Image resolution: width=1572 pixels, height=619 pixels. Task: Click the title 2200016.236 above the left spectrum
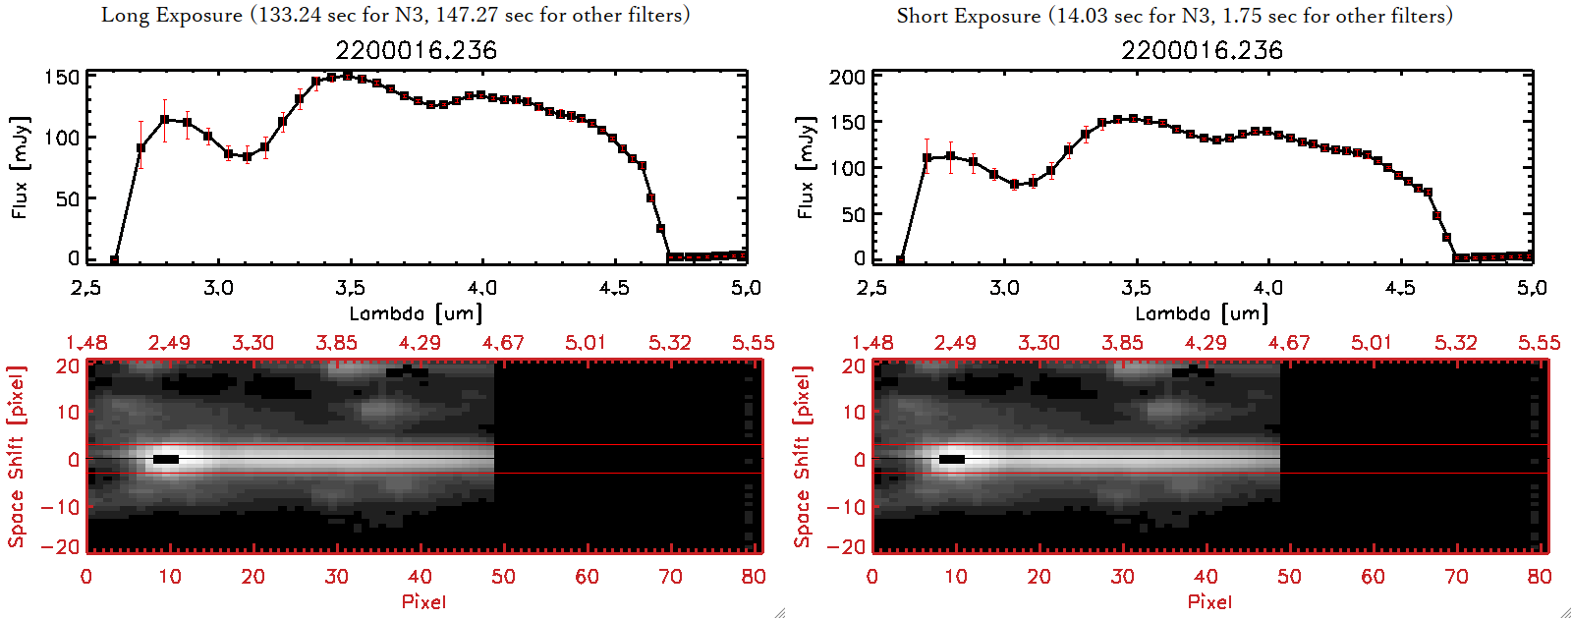416,50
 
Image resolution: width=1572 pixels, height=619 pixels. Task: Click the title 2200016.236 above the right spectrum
1202,50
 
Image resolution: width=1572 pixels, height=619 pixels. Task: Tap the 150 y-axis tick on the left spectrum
61,77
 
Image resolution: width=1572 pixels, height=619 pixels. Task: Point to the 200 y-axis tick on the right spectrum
847,77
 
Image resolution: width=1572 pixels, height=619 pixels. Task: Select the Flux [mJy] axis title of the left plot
20,167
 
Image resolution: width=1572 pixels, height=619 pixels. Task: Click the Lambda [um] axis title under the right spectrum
1202,313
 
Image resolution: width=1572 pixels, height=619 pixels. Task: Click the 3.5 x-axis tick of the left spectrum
350,288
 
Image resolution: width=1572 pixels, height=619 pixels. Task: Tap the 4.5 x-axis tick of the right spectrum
1400,288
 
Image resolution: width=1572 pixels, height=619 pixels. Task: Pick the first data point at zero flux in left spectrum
115,259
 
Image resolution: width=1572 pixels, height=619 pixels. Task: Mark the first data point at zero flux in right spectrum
900,259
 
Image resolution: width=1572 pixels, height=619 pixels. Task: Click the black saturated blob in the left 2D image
166,459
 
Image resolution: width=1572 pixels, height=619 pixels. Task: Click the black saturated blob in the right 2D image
952,459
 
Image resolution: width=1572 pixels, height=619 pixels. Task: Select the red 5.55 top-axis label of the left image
753,343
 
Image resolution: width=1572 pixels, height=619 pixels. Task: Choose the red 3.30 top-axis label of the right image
1039,343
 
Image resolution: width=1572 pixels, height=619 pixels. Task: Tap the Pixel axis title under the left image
423,601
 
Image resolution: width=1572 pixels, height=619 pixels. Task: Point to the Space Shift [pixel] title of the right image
803,457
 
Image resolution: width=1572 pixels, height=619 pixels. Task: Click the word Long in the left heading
122,15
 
